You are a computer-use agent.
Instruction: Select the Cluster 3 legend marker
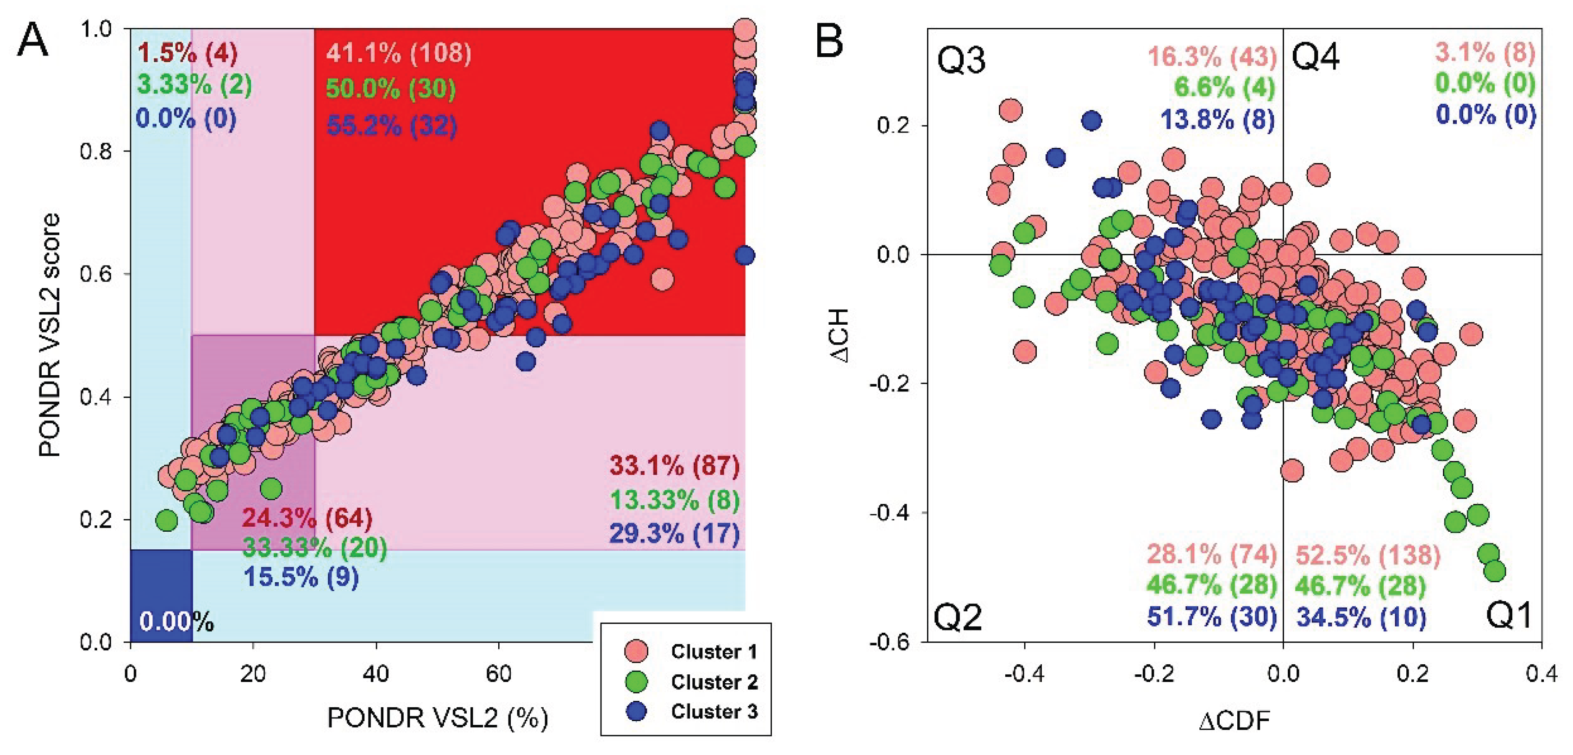pyautogui.click(x=636, y=711)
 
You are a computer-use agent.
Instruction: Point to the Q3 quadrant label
pyautogui.click(x=961, y=60)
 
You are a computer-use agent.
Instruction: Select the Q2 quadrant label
pyautogui.click(x=958, y=617)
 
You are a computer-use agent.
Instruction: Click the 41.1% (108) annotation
pyautogui.click(x=398, y=54)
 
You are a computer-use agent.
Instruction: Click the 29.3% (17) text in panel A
pyautogui.click(x=674, y=534)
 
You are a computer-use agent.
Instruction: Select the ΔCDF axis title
pyautogui.click(x=1234, y=721)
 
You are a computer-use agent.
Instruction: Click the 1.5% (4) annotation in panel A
pyautogui.click(x=187, y=54)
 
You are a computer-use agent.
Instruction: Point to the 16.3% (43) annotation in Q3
pyautogui.click(x=1212, y=56)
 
